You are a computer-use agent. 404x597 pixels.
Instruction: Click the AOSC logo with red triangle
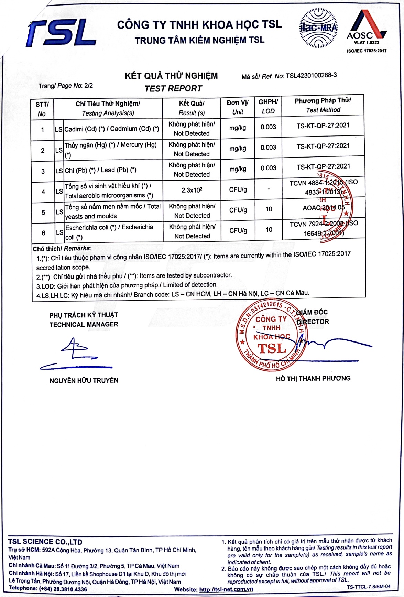click(x=366, y=26)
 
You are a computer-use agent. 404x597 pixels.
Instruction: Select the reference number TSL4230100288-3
click(x=311, y=75)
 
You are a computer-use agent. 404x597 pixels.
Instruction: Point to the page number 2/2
click(x=88, y=86)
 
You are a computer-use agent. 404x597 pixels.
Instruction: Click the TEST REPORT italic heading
click(x=173, y=89)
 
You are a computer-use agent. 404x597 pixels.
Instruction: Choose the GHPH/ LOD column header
click(x=268, y=107)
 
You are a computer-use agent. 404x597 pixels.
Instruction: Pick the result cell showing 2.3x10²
click(x=192, y=190)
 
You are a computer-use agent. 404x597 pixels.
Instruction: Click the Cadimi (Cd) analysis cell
click(x=111, y=129)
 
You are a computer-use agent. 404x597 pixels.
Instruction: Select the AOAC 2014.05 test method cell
click(x=323, y=208)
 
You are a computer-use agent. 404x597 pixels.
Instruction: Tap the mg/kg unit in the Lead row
click(x=238, y=169)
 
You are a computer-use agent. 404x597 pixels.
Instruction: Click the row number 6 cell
click(x=43, y=233)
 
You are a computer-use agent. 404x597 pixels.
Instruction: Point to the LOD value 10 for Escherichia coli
click(x=269, y=229)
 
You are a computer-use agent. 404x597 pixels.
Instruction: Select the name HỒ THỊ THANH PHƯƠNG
click(x=313, y=379)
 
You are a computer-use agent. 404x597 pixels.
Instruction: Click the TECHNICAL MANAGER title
click(x=84, y=324)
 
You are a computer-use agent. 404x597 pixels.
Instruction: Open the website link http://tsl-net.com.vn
click(x=226, y=589)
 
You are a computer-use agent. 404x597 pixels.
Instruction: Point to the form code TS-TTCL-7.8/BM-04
click(x=368, y=587)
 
